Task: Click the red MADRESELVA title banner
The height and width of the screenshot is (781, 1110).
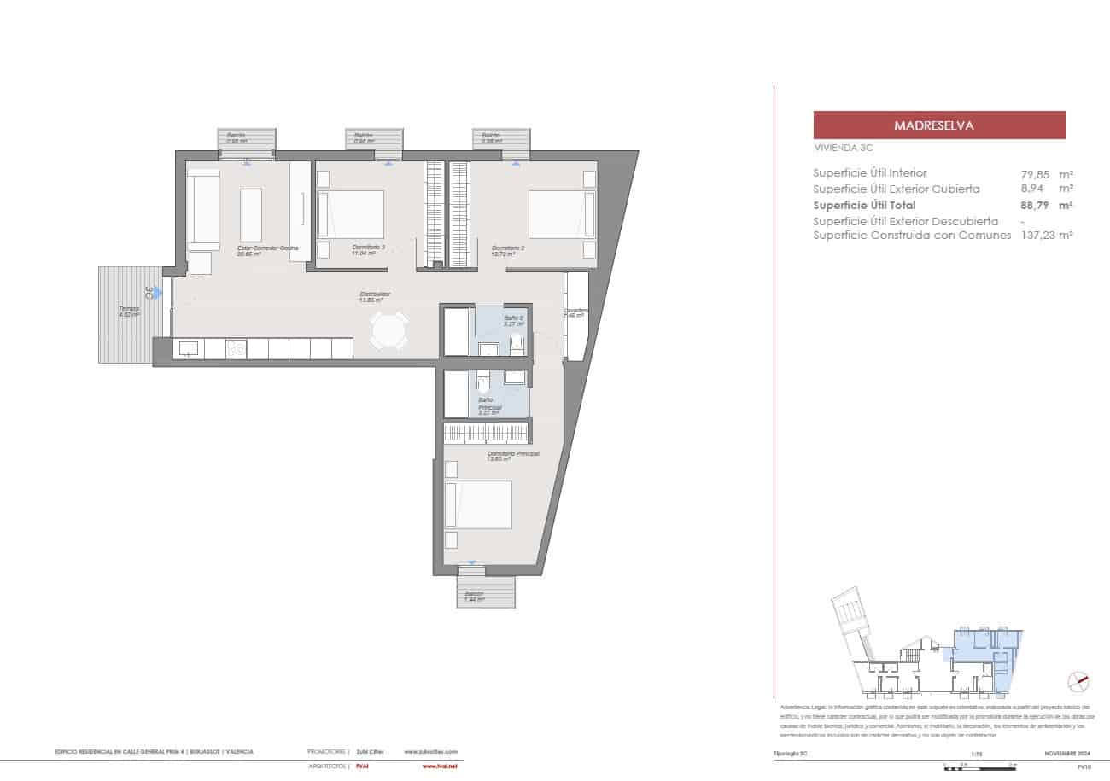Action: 939,125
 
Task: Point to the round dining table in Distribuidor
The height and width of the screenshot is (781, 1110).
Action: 389,330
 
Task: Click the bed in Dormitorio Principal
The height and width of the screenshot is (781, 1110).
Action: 477,504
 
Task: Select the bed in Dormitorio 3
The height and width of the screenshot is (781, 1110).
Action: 351,214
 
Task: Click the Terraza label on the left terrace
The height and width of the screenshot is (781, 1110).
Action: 129,309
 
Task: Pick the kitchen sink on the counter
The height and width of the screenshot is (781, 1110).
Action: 189,348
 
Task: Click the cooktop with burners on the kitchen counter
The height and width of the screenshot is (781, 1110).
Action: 236,348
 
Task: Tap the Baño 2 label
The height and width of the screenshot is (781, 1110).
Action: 513,318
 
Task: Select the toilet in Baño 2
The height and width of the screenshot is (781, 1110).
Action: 516,345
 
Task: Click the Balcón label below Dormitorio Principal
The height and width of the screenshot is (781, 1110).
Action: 474,594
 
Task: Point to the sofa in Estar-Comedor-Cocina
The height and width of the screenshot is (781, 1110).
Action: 204,207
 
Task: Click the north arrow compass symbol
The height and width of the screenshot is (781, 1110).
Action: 1079,681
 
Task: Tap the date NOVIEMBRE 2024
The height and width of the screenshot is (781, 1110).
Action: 1067,752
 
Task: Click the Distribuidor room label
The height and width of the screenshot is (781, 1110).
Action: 370,294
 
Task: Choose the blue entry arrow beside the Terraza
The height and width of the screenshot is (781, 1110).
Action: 157,293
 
